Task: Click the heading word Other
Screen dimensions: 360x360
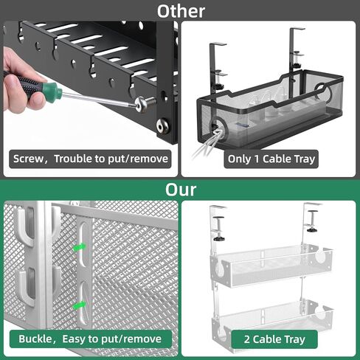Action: coord(180,11)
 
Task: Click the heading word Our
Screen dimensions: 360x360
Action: coord(180,190)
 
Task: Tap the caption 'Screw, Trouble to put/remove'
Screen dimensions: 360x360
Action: coord(91,159)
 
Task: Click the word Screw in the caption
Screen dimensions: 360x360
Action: coord(30,159)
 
